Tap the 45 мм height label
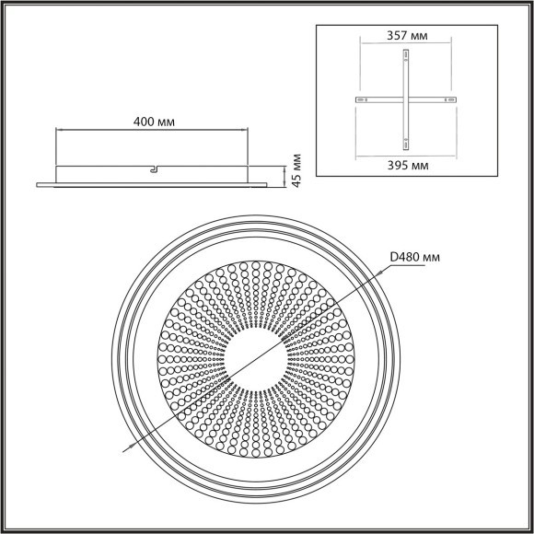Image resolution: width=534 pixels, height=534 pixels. [296, 171]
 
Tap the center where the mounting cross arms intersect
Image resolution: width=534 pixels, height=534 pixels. [405, 99]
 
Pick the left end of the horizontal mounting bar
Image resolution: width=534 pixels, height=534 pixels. [353, 99]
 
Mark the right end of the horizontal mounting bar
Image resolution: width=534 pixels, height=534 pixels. [458, 99]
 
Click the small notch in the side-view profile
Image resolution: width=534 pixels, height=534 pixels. [154, 168]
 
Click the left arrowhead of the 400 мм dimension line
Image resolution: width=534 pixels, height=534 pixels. [59, 131]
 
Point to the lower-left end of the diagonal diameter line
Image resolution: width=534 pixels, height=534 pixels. [123, 450]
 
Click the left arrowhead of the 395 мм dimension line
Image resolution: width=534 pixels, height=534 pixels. [353, 153]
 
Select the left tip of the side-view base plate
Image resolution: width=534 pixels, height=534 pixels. [37, 184]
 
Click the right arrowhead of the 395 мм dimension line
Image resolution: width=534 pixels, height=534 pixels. [458, 153]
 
